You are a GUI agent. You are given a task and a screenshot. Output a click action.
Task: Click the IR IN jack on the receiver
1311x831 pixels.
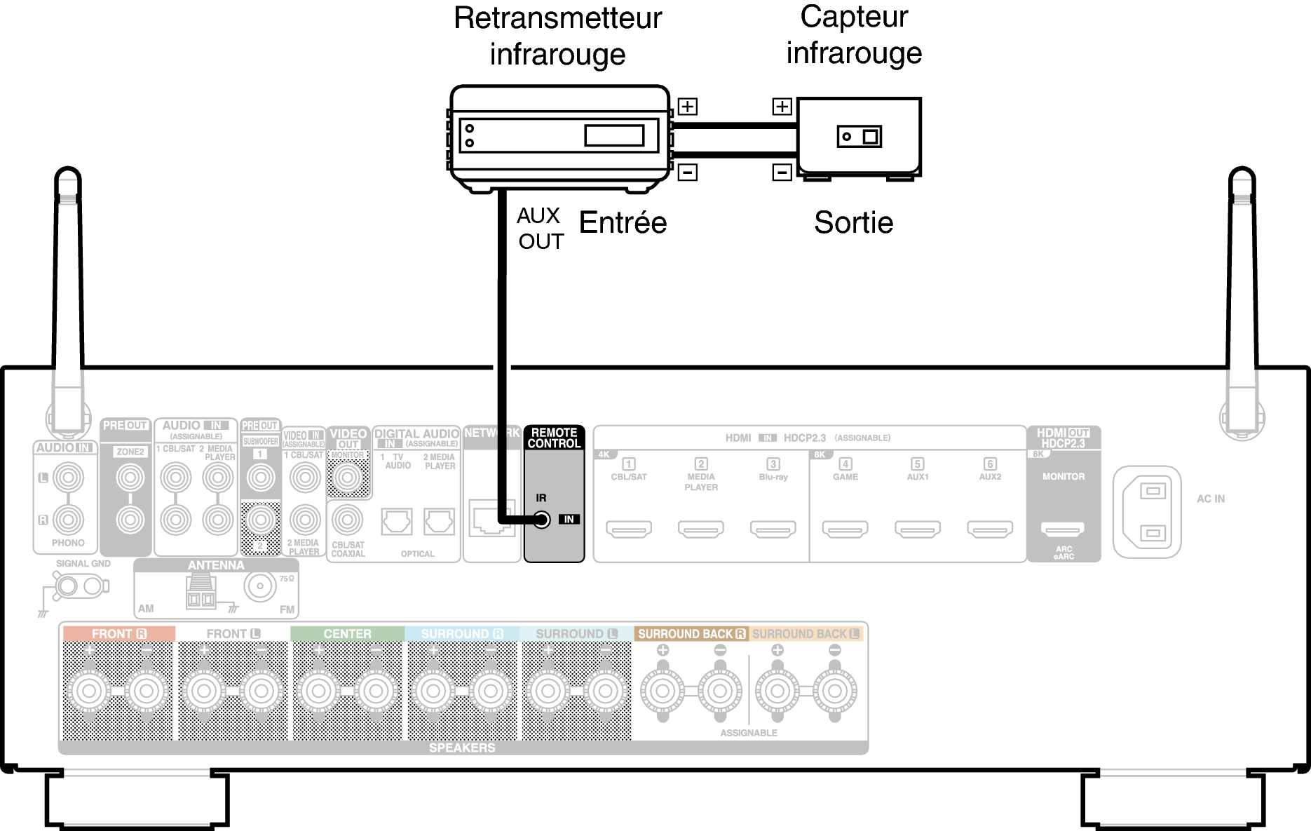(542, 520)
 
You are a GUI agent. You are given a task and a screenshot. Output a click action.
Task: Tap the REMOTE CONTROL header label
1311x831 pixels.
(554, 438)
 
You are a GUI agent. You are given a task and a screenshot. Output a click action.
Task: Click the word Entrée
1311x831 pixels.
(623, 223)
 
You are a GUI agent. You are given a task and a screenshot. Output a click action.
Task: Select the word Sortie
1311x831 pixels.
(853, 223)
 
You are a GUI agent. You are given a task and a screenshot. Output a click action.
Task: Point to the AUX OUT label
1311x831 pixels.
(540, 229)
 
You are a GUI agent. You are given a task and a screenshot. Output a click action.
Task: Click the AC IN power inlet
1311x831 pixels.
(1147, 512)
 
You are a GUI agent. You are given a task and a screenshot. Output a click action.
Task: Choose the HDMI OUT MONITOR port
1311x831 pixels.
(1064, 528)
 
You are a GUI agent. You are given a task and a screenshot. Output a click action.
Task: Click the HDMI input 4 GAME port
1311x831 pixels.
(845, 528)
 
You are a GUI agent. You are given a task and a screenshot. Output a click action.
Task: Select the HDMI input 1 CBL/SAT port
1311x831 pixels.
(629, 528)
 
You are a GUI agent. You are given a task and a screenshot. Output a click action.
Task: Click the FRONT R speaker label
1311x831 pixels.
(118, 634)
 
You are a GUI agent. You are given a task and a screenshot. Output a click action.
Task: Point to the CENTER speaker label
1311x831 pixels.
(348, 634)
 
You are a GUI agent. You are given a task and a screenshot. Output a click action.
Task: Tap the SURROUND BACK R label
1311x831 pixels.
(691, 634)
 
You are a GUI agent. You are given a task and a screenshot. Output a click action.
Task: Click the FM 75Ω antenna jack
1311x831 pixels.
(260, 586)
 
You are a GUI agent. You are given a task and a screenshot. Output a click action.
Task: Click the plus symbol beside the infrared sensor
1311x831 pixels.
(782, 107)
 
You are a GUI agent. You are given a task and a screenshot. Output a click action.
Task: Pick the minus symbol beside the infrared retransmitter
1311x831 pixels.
(688, 172)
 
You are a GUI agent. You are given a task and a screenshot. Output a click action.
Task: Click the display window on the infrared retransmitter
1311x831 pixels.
(614, 135)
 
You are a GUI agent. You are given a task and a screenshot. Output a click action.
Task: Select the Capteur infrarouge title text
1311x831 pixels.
(854, 35)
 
